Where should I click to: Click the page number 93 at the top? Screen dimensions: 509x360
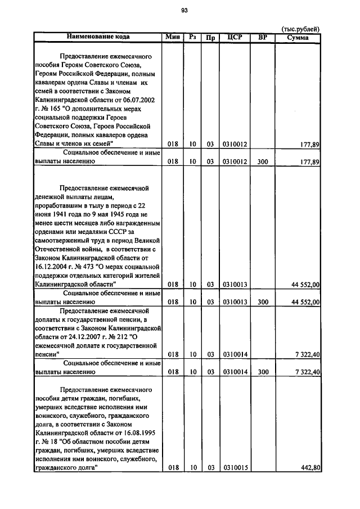[x=184, y=10]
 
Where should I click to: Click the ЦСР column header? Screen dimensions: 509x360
[x=235, y=37]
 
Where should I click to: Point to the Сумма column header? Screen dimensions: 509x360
[x=298, y=37]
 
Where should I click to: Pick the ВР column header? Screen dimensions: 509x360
[x=262, y=37]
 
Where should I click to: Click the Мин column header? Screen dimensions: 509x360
[x=172, y=37]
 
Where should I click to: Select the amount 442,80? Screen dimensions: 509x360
[x=310, y=467]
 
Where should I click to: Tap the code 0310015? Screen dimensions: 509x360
[x=235, y=467]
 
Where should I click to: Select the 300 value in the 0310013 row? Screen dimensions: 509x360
[x=263, y=302]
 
